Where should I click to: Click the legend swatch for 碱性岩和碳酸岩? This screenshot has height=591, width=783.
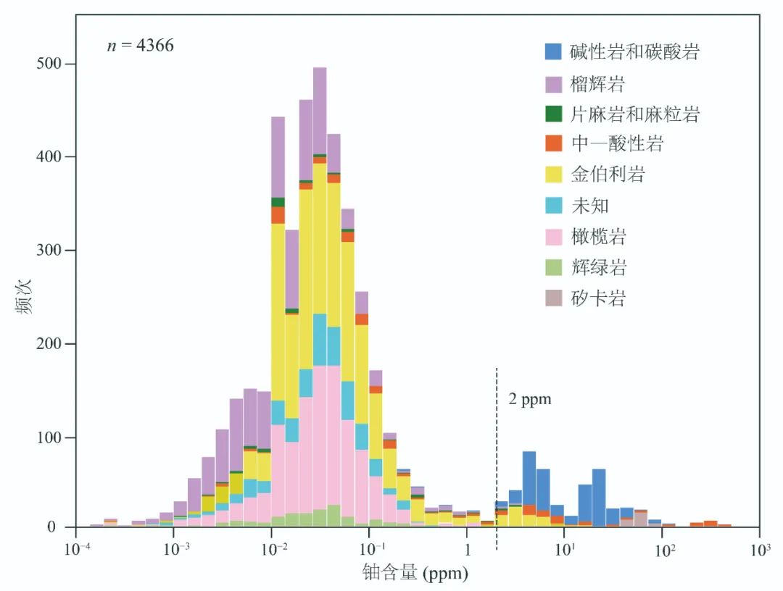click(555, 51)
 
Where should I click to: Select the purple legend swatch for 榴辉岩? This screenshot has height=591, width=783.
click(555, 83)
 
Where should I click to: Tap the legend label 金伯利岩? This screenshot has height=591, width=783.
click(608, 175)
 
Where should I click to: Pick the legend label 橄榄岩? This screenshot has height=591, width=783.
click(598, 236)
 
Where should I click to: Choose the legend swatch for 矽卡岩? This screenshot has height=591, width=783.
click(555, 298)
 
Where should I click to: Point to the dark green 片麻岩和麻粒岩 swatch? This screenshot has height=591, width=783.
click(555, 114)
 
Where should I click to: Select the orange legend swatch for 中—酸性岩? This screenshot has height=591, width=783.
click(555, 144)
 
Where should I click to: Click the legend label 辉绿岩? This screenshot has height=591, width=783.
click(598, 267)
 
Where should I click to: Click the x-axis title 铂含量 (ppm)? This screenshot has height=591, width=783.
click(415, 574)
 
